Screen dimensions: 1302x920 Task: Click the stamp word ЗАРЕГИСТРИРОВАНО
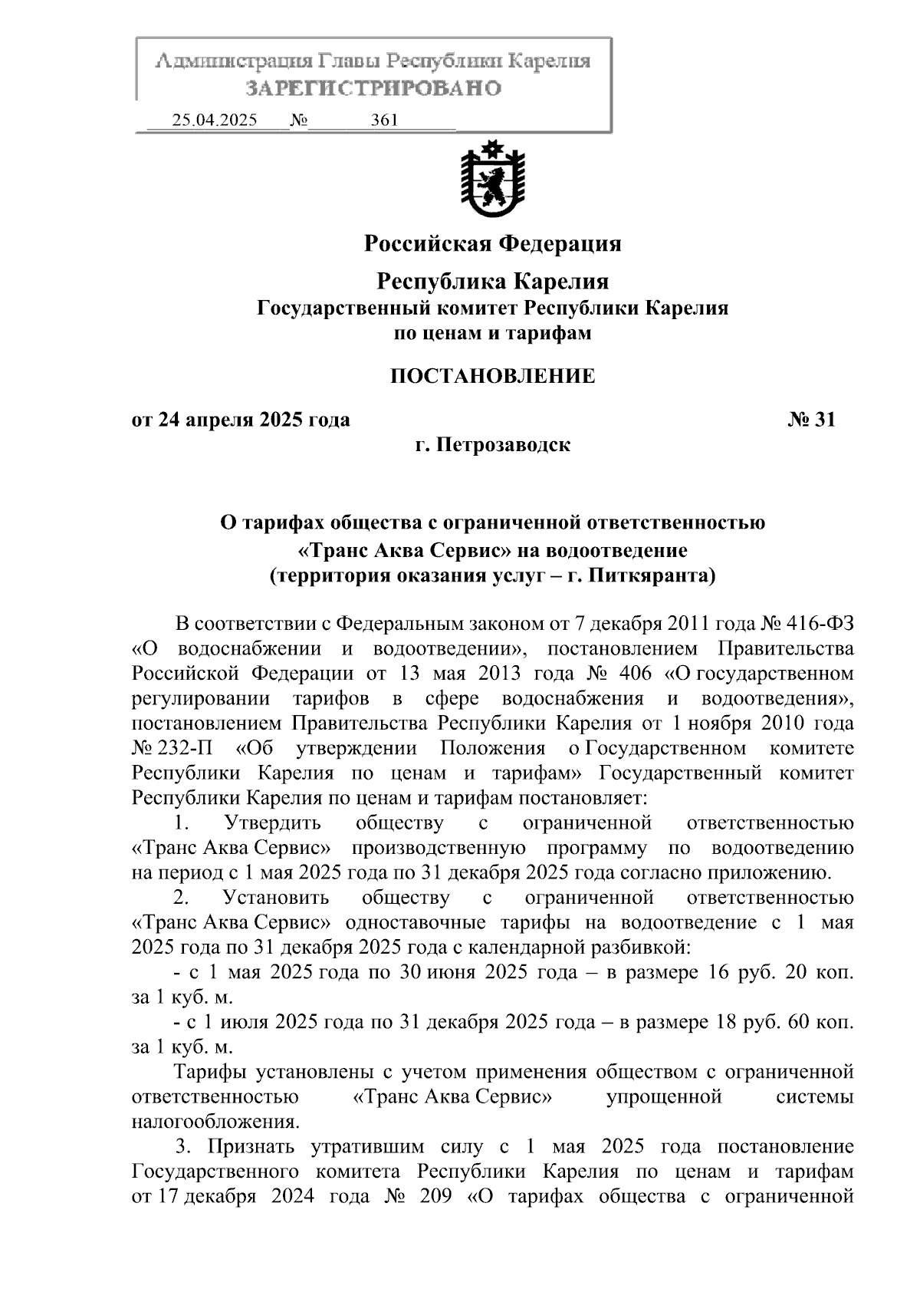coord(373,88)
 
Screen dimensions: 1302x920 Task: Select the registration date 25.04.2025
coord(215,120)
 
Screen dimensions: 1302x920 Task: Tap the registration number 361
coord(383,120)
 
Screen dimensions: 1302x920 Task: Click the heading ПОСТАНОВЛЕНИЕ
coord(492,376)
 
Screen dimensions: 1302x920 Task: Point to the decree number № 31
coord(810,420)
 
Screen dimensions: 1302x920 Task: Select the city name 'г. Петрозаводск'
coord(492,444)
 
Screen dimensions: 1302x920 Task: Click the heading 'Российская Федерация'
coord(492,244)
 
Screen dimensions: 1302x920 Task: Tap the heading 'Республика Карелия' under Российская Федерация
coord(492,282)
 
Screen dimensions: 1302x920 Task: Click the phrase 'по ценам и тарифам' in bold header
coord(492,334)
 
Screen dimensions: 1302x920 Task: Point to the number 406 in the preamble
coord(633,674)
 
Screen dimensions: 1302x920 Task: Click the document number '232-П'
coord(184,748)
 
